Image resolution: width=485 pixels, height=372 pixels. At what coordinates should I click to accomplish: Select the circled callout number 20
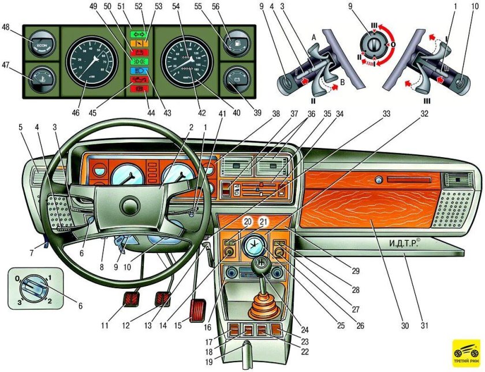click(247, 222)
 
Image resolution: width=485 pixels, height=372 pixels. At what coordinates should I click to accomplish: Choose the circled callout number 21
click(264, 222)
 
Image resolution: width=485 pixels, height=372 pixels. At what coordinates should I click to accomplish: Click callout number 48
click(6, 27)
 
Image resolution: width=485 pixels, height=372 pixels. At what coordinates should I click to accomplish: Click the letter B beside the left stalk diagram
click(343, 82)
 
